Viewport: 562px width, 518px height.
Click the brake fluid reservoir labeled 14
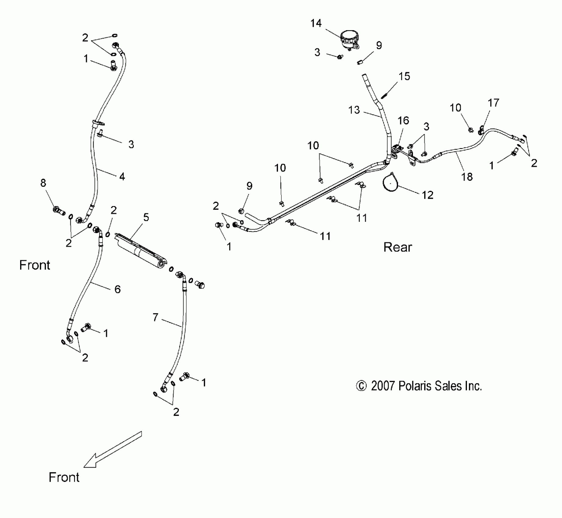pos(349,39)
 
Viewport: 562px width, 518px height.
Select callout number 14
pos(316,23)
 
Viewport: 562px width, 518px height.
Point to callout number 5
pos(146,218)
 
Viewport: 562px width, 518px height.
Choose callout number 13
pos(354,110)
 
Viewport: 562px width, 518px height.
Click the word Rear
pos(397,247)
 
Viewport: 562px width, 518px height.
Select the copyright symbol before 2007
pos(361,386)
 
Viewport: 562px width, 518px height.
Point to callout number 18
pos(467,176)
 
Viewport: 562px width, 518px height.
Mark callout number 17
pos(493,103)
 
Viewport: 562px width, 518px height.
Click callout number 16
pos(403,121)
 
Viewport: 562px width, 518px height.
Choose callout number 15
pos(404,76)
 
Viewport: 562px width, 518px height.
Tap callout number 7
pos(155,318)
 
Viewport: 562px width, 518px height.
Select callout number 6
pos(118,289)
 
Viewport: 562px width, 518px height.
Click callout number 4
pos(122,176)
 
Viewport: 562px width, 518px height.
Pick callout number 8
pos(43,183)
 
